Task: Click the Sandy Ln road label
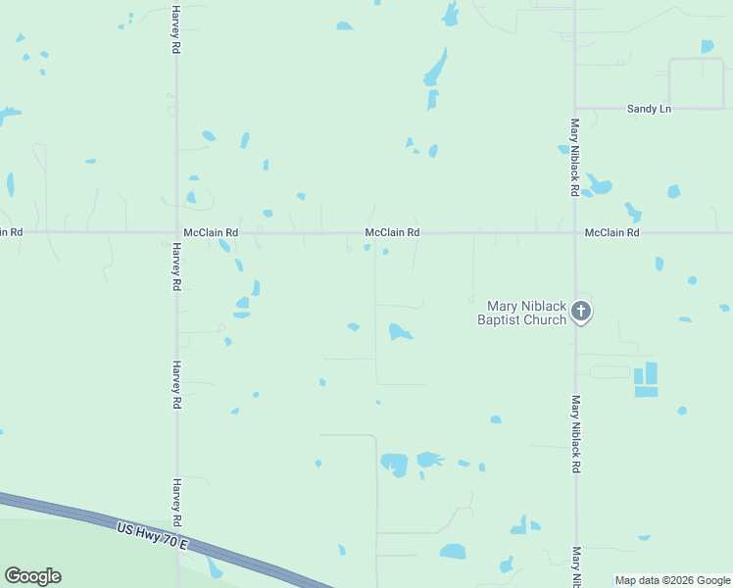[x=649, y=109]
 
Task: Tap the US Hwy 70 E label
[x=151, y=535]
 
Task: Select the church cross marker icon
[x=581, y=312]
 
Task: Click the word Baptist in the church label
[x=499, y=319]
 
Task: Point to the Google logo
[x=32, y=576]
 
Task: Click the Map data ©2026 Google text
[x=672, y=580]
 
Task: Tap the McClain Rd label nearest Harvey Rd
[x=211, y=233]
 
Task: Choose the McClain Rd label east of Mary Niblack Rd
[x=611, y=233]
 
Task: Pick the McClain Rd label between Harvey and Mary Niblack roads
[x=392, y=233]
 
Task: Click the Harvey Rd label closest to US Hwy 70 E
[x=178, y=502]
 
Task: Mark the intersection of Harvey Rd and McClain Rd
[x=176, y=233]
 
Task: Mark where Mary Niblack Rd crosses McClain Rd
[x=575, y=233]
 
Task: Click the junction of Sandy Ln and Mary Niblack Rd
[x=575, y=108]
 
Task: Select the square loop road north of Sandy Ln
[x=696, y=82]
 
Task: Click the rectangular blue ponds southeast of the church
[x=647, y=379]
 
